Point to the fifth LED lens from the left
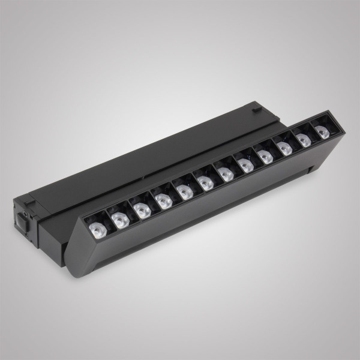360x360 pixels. tap(184, 191)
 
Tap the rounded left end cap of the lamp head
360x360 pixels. tap(75, 252)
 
